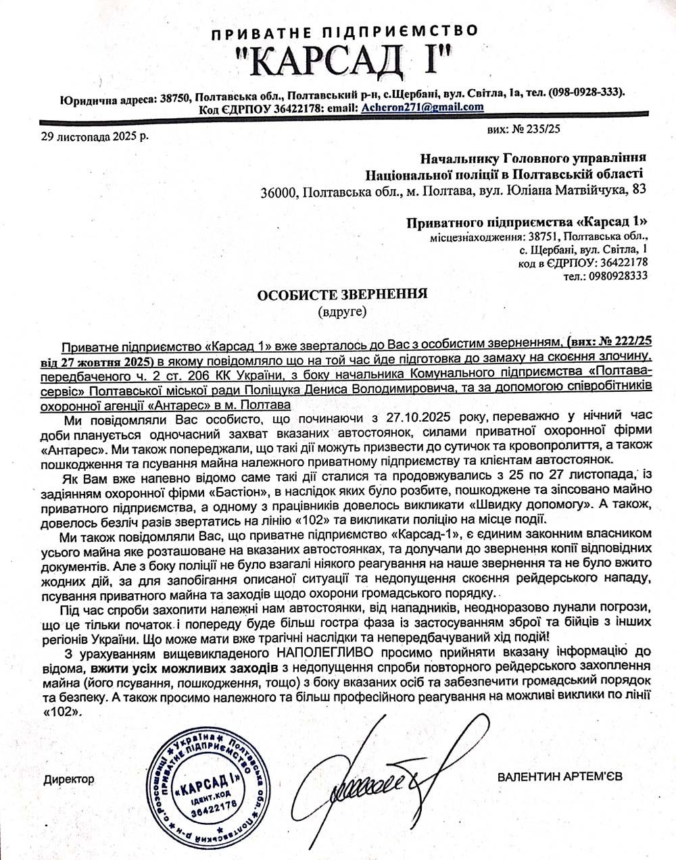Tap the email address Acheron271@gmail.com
[x=422, y=107]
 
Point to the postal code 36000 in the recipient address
[x=279, y=193]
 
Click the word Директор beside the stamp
[x=69, y=779]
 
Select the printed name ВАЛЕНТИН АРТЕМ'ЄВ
[x=560, y=777]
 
